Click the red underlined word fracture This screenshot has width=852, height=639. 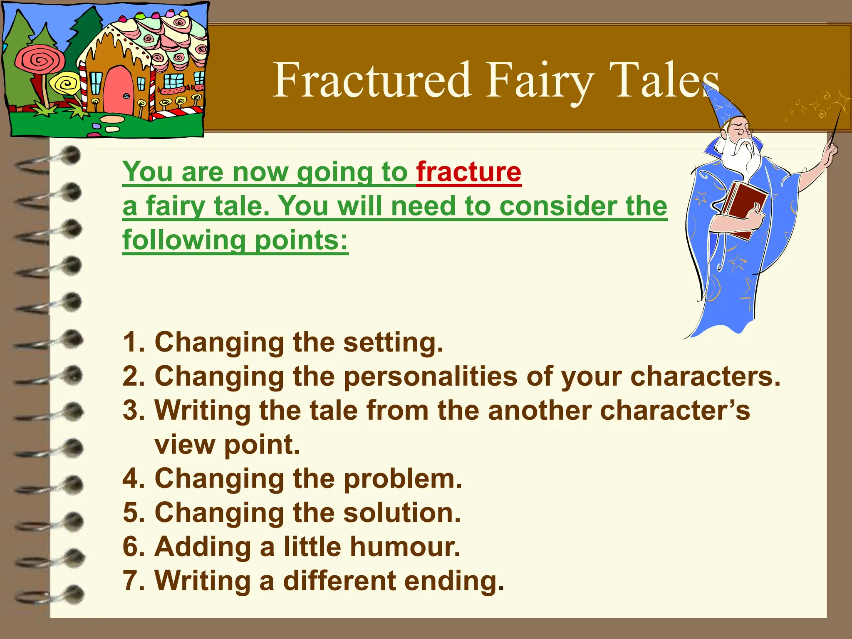pyautogui.click(x=469, y=172)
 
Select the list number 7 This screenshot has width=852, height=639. pyautogui.click(x=133, y=581)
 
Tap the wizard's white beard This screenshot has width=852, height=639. pyautogui.click(x=743, y=156)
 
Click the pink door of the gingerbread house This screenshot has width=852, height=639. pyautogui.click(x=118, y=92)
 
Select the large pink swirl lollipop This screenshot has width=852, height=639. pyautogui.click(x=40, y=62)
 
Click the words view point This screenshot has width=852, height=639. pyautogui.click(x=227, y=445)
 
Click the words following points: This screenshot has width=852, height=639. pyautogui.click(x=235, y=240)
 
